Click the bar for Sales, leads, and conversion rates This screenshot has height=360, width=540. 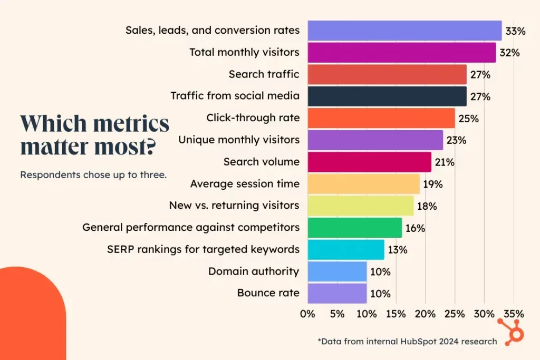[x=404, y=31]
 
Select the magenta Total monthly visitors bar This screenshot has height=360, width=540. [x=401, y=53]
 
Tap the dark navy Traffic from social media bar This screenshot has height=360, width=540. [x=387, y=96]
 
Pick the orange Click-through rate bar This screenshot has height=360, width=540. [x=381, y=118]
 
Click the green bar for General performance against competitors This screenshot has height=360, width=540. [x=354, y=228]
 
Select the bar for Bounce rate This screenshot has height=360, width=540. [x=336, y=293]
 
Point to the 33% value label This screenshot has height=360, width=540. [x=515, y=31]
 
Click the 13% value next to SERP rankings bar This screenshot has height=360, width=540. [x=397, y=250]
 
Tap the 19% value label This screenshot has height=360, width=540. [x=432, y=184]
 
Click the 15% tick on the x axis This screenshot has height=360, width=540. [x=396, y=314]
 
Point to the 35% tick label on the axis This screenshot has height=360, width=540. [x=514, y=314]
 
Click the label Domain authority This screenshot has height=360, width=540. [x=254, y=271]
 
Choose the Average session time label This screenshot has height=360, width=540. [x=245, y=184]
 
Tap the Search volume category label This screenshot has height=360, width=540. [x=261, y=162]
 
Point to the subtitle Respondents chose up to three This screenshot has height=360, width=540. [x=93, y=175]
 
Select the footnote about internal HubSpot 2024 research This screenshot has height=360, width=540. [x=407, y=341]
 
